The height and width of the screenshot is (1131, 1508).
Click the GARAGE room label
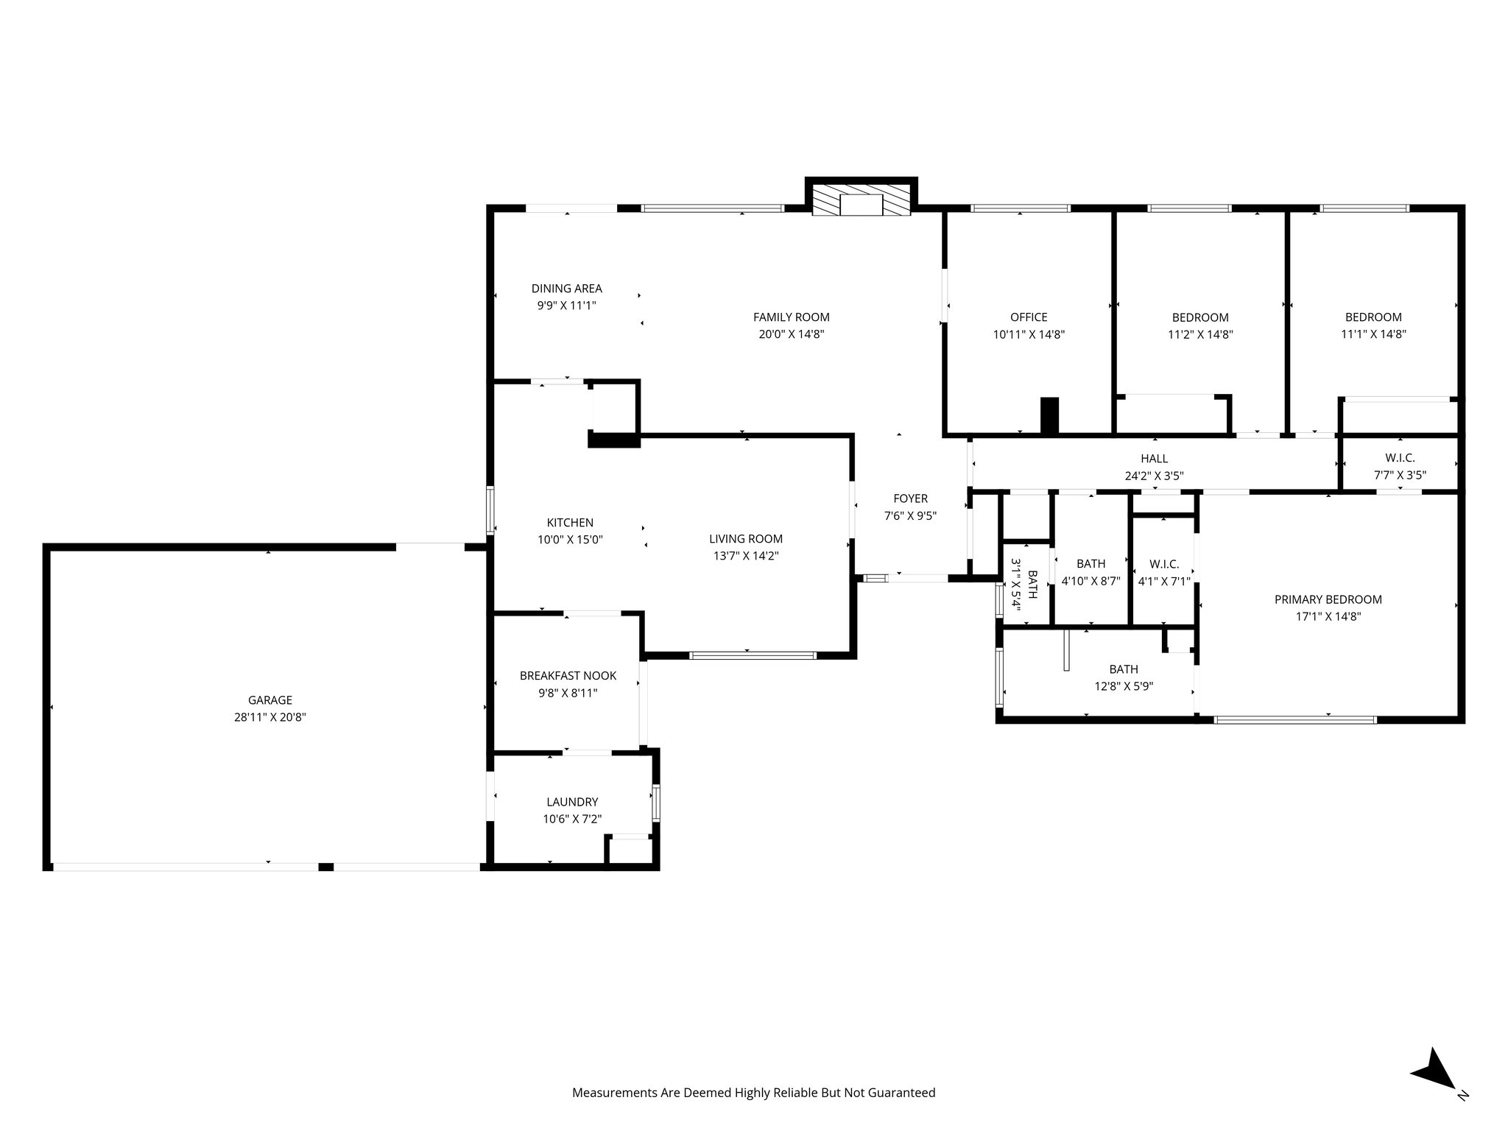point(269,700)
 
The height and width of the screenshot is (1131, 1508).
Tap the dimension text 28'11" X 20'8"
point(269,717)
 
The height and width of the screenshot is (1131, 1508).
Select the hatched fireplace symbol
point(861,200)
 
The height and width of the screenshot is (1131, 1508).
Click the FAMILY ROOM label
point(791,317)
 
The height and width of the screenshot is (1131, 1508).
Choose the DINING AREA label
point(566,289)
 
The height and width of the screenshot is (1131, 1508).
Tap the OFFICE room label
point(1029,317)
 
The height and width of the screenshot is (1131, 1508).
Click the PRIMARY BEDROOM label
point(1328,599)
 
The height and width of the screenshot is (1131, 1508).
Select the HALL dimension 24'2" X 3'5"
point(1154,476)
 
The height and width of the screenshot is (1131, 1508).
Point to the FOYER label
point(910,498)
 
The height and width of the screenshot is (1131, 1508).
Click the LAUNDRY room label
point(572,802)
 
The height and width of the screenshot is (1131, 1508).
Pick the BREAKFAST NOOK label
point(568,675)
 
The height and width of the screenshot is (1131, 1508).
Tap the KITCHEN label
point(570,523)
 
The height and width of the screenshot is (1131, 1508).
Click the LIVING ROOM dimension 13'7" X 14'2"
point(745,556)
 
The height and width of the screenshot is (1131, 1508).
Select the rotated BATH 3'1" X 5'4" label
point(1024,584)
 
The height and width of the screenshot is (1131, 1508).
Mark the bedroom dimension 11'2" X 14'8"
point(1200,334)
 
